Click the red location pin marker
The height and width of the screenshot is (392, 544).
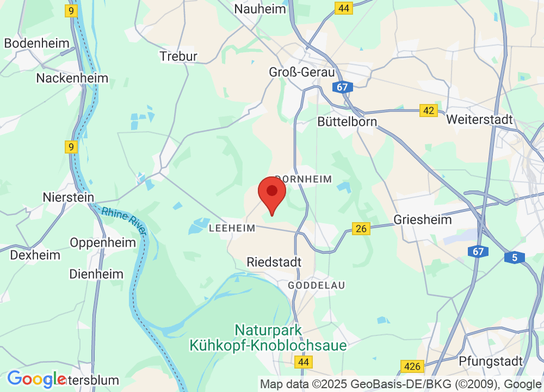coord(271,195)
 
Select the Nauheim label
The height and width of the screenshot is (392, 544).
coord(260,9)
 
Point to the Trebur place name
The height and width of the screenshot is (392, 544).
coord(178,56)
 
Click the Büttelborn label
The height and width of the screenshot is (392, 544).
coord(347,121)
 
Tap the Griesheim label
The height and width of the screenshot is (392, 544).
coord(423,220)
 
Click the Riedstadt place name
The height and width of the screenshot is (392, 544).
coord(274,262)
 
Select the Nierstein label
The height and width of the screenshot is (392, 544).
coord(69,197)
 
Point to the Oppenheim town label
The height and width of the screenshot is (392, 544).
coord(103,243)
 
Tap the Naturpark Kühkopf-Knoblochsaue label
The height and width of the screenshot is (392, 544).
coord(268,338)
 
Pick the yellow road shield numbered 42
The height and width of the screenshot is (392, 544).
coord(429,111)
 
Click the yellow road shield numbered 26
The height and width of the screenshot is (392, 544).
coord(361,229)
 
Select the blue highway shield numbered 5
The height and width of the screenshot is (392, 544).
coord(515,258)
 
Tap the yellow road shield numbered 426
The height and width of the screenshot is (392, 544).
coord(411,366)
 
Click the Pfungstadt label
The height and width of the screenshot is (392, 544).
coord(491,360)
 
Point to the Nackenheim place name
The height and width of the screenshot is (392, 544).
coord(72,78)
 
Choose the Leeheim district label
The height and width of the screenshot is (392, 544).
coord(232,229)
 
